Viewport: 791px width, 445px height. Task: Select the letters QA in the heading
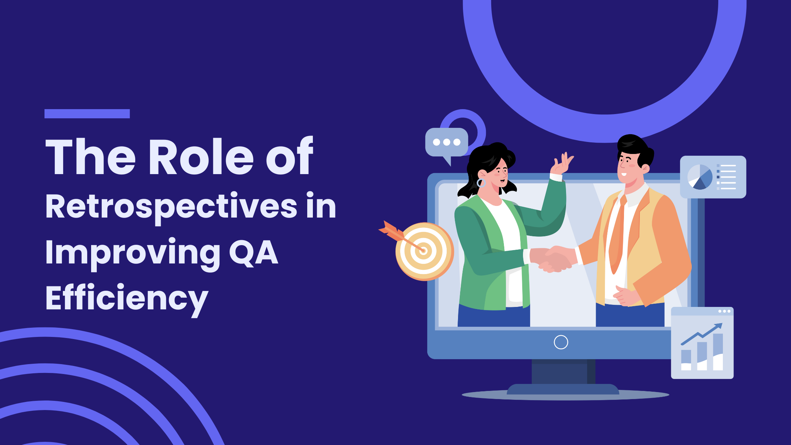(254, 253)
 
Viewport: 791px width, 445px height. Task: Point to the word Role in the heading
(201, 156)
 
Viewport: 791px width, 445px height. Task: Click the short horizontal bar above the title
(87, 114)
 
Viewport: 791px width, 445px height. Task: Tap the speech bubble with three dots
(447, 144)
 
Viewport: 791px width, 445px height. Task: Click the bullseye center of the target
(424, 251)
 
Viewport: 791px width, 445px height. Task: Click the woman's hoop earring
(481, 183)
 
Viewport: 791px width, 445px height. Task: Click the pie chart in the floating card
(700, 177)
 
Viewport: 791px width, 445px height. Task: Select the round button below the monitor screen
(561, 342)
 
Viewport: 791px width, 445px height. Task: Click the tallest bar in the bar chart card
(718, 352)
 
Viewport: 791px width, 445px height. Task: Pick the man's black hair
(636, 148)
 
